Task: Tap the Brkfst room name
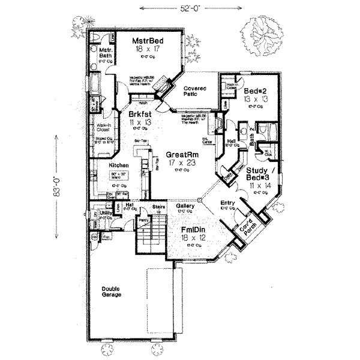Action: pyautogui.click(x=138, y=113)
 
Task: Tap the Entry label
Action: pyautogui.click(x=227, y=202)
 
